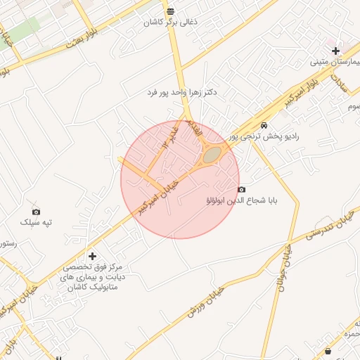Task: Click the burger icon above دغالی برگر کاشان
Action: [x=172, y=11]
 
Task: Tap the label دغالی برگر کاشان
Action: [x=171, y=22]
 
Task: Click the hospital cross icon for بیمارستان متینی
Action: [x=336, y=51]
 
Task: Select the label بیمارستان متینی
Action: [x=335, y=62]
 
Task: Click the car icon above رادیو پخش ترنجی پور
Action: [x=263, y=125]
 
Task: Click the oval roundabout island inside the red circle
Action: [x=212, y=154]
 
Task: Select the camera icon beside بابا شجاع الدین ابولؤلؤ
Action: [x=242, y=190]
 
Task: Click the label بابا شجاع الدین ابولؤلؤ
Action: [x=242, y=201]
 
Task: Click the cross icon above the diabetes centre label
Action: [x=92, y=256]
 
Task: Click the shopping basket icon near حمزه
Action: [x=328, y=351]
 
